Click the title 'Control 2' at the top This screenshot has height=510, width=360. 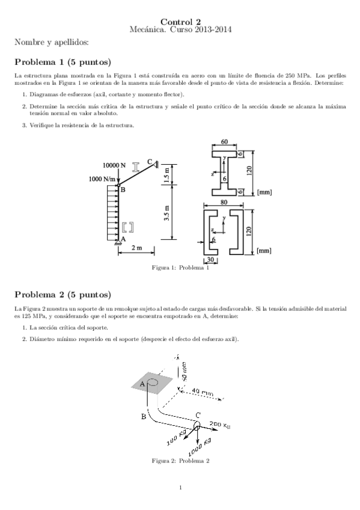click(x=180, y=21)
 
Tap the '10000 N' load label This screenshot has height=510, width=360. click(x=114, y=165)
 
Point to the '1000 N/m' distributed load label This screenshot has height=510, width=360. click(x=103, y=179)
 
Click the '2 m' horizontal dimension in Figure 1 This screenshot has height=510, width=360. click(x=137, y=248)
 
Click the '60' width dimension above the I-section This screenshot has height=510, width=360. click(x=224, y=142)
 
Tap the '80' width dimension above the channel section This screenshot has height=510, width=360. click(x=224, y=202)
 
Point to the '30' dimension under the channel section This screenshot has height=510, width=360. click(x=211, y=260)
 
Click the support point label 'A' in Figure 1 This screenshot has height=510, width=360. click(x=123, y=239)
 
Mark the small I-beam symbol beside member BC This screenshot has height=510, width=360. click(x=137, y=165)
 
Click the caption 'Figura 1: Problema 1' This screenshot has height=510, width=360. click(x=180, y=268)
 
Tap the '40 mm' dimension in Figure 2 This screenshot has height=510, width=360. click(x=203, y=393)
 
